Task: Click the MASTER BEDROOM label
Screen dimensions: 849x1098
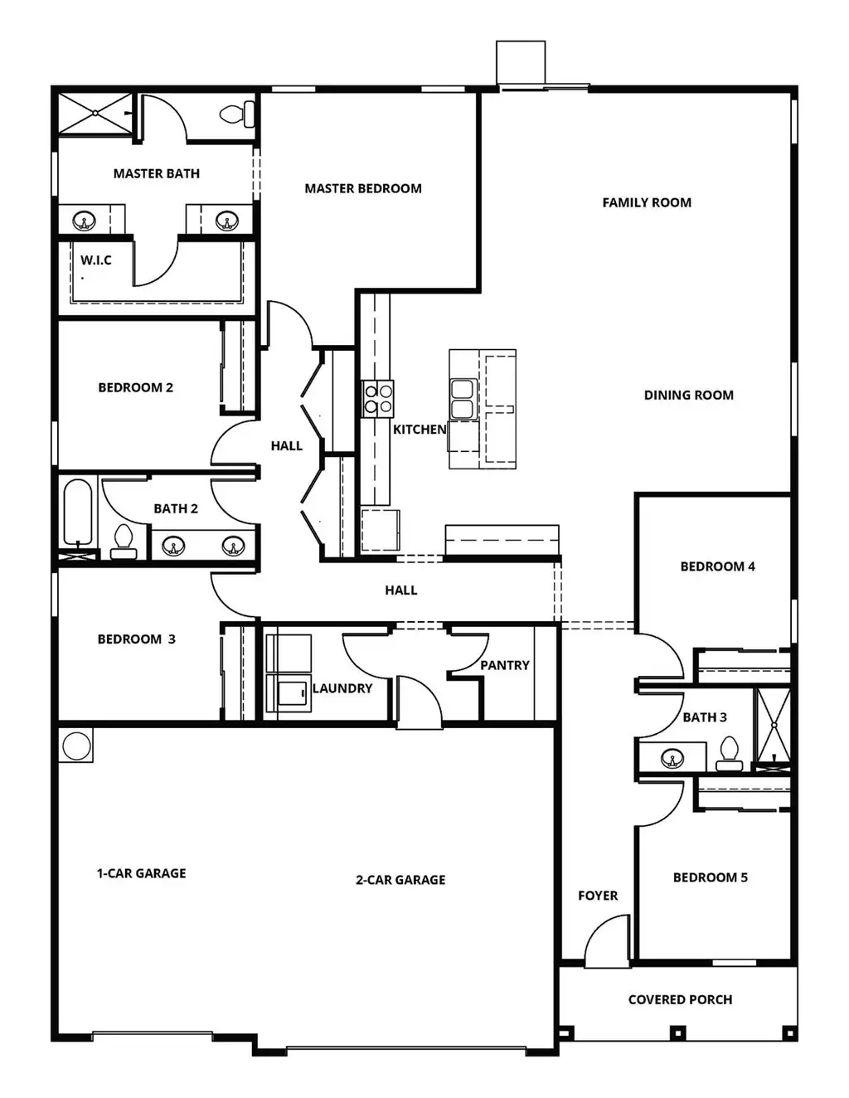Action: (362, 188)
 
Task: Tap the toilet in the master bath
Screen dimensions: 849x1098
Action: (237, 114)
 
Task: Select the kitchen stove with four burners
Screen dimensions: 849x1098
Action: (377, 399)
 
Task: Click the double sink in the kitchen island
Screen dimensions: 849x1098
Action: (463, 399)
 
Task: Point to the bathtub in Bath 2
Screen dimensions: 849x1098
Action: (78, 513)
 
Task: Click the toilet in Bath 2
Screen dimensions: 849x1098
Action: (124, 542)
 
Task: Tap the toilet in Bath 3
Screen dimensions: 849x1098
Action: (729, 754)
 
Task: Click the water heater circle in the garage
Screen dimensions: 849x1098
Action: (76, 746)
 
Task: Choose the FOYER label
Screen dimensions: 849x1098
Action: (598, 896)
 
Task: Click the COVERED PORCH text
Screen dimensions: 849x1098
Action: (680, 1000)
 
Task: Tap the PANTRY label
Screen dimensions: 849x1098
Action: (505, 665)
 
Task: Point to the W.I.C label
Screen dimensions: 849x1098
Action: (96, 260)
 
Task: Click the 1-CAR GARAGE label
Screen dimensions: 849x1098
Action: (142, 873)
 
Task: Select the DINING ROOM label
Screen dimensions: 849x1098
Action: (688, 395)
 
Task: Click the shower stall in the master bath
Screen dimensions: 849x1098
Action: (95, 113)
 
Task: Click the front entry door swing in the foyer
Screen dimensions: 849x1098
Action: (608, 941)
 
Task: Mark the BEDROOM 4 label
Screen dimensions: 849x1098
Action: (717, 566)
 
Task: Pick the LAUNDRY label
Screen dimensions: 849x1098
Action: (342, 688)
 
